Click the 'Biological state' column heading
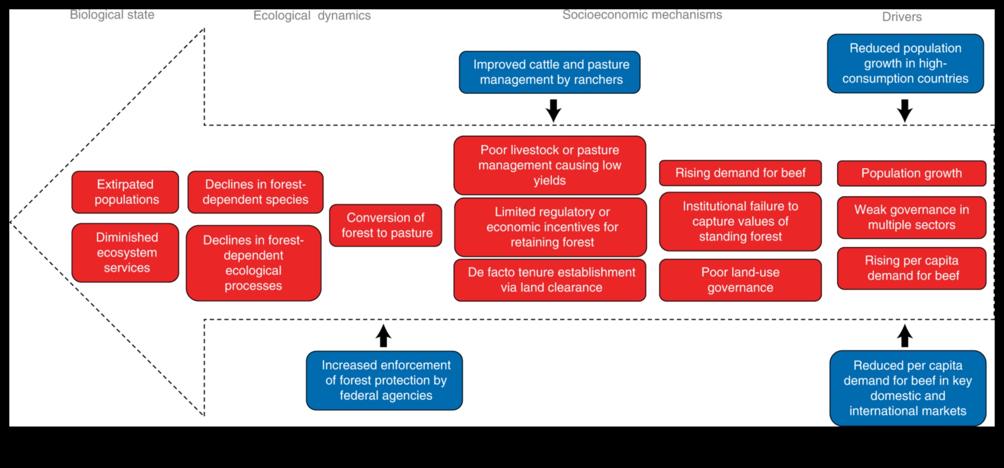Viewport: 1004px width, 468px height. (x=112, y=15)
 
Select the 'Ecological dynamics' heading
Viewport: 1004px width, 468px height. (x=312, y=16)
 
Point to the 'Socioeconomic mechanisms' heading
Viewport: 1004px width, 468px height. (x=642, y=15)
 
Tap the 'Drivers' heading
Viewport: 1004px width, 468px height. (x=901, y=17)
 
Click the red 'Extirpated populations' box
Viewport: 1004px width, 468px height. (x=125, y=192)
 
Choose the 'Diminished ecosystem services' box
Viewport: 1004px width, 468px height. (x=125, y=253)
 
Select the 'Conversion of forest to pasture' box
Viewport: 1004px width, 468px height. (x=385, y=225)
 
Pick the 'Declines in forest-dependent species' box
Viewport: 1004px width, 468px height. (x=255, y=192)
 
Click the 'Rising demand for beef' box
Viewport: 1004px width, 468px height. (x=740, y=173)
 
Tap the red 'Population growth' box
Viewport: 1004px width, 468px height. (x=911, y=173)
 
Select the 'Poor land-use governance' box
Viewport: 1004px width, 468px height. (x=740, y=280)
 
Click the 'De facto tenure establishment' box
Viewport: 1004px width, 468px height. (x=550, y=280)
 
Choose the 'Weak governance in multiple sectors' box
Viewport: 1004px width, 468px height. (x=911, y=218)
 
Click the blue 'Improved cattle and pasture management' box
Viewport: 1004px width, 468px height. (x=550, y=72)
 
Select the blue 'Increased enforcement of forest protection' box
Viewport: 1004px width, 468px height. (x=385, y=380)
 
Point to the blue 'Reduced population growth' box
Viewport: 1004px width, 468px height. (x=905, y=63)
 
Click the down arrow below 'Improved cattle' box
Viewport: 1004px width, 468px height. (x=553, y=110)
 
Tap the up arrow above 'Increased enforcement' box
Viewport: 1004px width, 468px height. (x=383, y=336)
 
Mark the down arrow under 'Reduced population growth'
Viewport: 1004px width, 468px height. (x=905, y=110)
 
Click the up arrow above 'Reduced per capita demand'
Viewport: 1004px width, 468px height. (x=905, y=336)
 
